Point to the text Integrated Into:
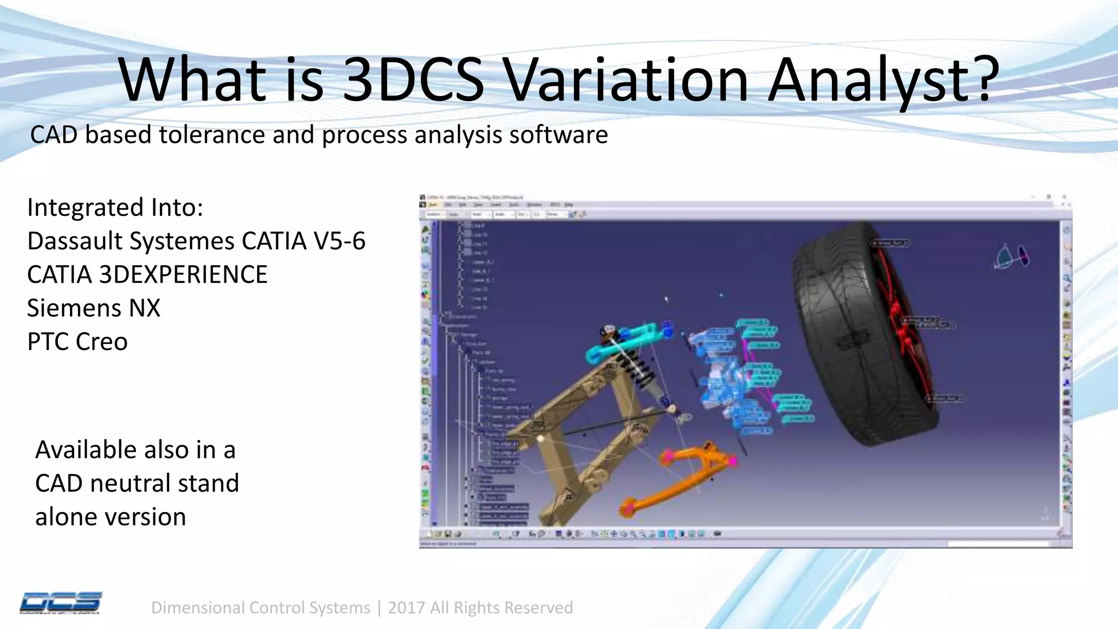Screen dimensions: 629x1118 115,207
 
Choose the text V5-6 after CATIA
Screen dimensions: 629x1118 339,241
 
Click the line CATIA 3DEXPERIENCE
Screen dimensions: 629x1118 147,275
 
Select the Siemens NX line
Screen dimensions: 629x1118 93,308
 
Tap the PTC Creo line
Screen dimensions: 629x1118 78,342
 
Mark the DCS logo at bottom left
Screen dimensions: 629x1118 60,603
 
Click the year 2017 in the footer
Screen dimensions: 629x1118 406,608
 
